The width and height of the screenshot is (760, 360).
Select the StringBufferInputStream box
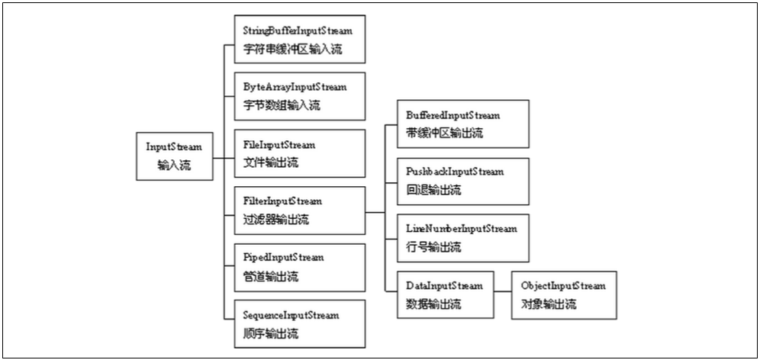[x=299, y=40]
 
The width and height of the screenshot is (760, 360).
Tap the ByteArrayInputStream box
[x=299, y=96]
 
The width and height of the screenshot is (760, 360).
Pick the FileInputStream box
[x=299, y=153]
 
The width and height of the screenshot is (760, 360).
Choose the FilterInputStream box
[x=299, y=211]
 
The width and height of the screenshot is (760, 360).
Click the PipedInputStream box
[x=299, y=267]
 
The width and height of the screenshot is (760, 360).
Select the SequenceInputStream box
[x=299, y=324]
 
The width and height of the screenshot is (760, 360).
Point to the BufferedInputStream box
[x=462, y=124]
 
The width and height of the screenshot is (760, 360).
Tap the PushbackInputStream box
[x=462, y=181]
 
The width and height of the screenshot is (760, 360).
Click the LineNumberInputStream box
[x=462, y=238]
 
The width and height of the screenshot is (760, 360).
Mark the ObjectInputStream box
[x=563, y=294]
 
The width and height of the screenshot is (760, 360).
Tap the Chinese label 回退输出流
[x=433, y=190]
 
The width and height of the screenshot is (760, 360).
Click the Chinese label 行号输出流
[x=433, y=247]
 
